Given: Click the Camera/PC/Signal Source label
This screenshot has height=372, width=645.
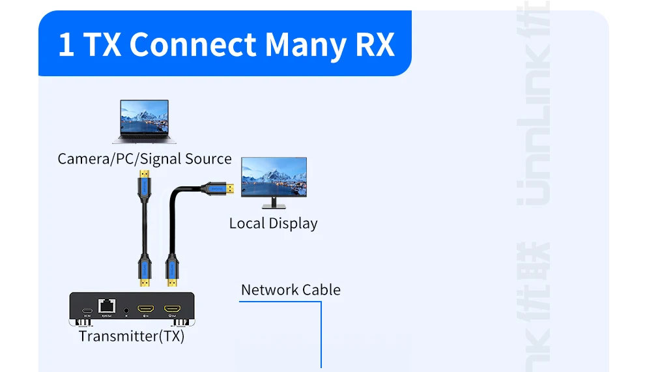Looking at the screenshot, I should (x=145, y=159).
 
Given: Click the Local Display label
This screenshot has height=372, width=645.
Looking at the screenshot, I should (x=273, y=223).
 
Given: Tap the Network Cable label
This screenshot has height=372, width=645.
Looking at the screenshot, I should (x=291, y=290).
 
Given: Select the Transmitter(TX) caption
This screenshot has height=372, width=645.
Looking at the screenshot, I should (x=132, y=336).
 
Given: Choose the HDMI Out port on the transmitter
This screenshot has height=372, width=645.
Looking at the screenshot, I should (x=172, y=308).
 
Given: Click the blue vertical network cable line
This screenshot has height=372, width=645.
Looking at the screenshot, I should (x=321, y=336).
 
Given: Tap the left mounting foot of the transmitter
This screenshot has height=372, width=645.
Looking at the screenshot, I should (x=83, y=322).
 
